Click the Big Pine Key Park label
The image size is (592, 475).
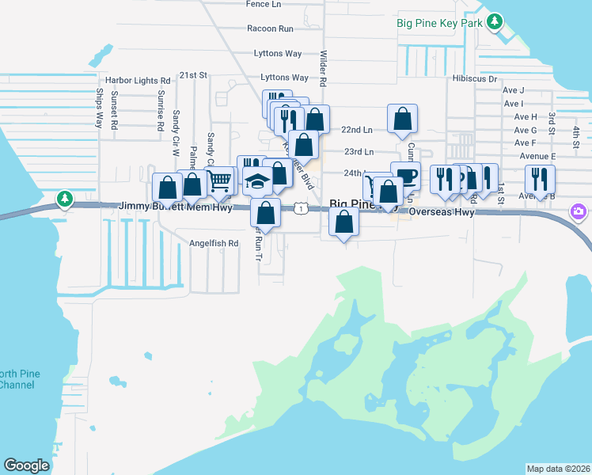[439, 22]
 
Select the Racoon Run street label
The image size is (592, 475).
[270, 28]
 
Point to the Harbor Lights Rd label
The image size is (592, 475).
[138, 81]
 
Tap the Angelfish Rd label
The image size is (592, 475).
[213, 244]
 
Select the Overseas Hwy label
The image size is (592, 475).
[440, 213]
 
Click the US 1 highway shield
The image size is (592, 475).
[301, 207]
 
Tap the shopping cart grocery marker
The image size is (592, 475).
[221, 180]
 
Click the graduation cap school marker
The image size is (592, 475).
[256, 182]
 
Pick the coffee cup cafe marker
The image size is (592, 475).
[405, 175]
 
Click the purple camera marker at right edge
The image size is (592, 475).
[579, 211]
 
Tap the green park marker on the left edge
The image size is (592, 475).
[64, 198]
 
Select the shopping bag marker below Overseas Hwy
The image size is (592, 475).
[343, 222]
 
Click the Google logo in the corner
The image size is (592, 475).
[26, 465]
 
